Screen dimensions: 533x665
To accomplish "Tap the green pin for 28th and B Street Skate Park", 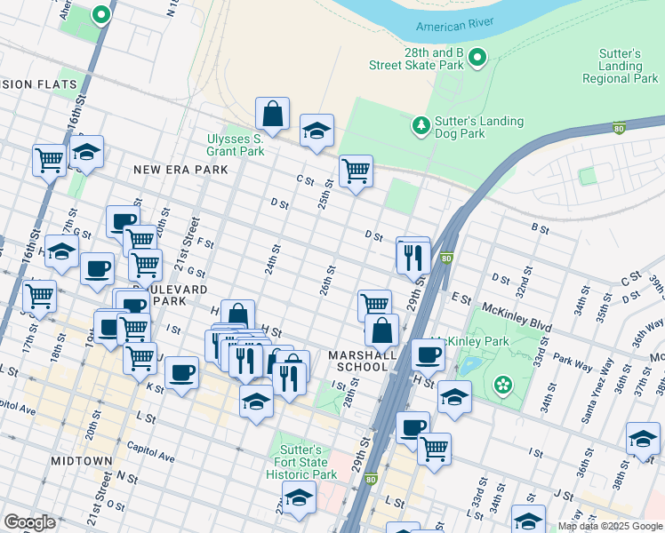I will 477,59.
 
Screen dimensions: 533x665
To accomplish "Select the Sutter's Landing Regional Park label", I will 620,66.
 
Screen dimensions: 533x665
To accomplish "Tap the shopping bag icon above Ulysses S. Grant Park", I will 272,114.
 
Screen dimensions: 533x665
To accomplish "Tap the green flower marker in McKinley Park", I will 504,385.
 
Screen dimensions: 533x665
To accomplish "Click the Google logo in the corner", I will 29,522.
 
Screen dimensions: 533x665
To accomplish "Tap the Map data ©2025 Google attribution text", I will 609,526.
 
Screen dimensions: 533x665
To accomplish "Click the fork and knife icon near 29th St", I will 413,257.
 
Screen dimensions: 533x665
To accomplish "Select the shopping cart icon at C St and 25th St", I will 356,171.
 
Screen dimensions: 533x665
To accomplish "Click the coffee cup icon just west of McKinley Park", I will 428,354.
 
